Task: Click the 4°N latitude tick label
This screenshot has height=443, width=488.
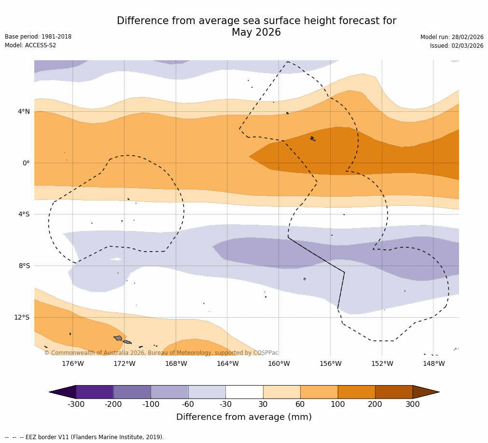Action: click(24, 112)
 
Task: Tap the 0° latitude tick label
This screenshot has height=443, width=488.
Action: click(26, 163)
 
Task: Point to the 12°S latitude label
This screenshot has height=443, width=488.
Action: click(22, 317)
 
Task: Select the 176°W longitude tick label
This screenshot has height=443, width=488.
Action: click(73, 363)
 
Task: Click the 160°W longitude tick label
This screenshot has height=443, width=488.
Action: click(279, 363)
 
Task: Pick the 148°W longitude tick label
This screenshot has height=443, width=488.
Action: click(433, 363)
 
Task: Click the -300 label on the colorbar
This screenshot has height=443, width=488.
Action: click(76, 404)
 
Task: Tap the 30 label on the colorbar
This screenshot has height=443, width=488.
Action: click(263, 404)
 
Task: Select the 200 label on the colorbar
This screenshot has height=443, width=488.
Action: click(375, 404)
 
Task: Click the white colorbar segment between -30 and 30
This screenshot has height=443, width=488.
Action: click(244, 392)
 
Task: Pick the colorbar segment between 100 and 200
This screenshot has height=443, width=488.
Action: click(356, 392)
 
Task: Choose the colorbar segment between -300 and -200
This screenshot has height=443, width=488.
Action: click(95, 392)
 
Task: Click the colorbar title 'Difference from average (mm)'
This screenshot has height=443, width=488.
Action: click(244, 417)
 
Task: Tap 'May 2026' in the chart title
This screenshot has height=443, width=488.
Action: click(256, 33)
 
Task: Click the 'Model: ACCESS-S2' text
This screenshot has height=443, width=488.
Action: click(30, 45)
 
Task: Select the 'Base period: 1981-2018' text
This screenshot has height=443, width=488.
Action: click(38, 37)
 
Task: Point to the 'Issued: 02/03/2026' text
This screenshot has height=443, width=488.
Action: click(457, 46)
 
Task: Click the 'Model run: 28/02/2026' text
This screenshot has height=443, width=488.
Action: click(452, 37)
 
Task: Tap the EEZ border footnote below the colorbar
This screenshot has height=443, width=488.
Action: click(84, 437)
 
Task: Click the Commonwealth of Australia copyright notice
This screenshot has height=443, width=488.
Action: click(161, 353)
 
